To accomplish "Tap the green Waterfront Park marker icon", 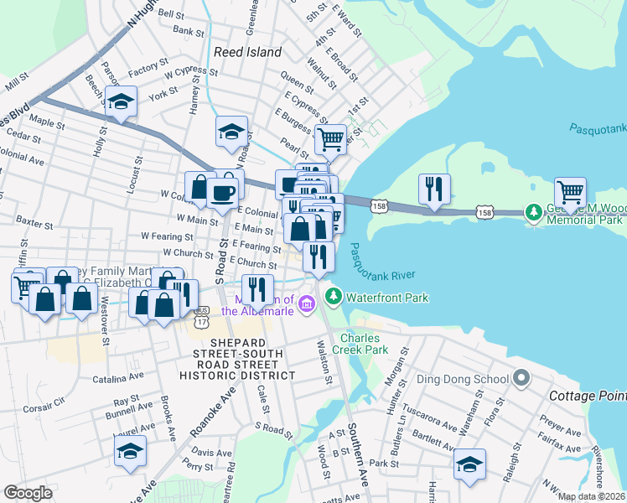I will (334, 297).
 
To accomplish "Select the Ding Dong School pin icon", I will (521, 378).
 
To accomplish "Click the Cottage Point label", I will (587, 395).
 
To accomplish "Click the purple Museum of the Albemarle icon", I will (307, 302).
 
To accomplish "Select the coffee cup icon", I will (223, 192).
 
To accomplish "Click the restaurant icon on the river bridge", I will (434, 189).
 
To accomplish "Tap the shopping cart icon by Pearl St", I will (330, 138).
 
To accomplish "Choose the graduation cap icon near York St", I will (122, 101).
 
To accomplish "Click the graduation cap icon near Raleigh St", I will (469, 464).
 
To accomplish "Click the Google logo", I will (28, 493).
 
